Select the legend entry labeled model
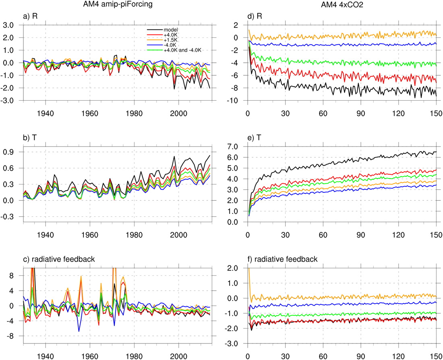coord(171,29)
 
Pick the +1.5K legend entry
coord(170,39)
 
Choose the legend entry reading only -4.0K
coord(170,45)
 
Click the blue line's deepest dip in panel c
coord(79,331)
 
